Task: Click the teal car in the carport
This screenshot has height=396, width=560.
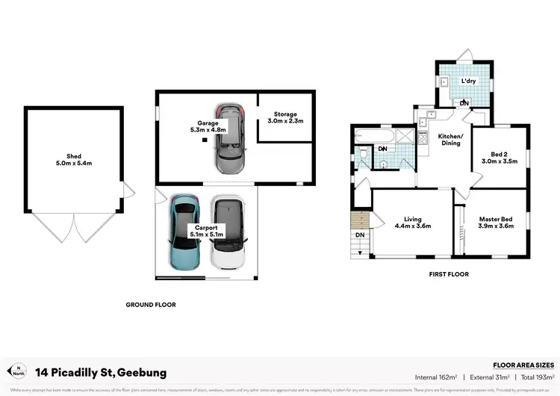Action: (182, 233)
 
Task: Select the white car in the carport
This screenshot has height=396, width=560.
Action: (228, 234)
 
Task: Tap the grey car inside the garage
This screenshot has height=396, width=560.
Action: (228, 137)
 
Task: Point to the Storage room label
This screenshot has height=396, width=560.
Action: (281, 114)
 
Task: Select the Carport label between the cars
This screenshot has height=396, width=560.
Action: (205, 227)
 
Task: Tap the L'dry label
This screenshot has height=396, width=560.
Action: (468, 81)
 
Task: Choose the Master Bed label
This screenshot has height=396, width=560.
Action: (496, 218)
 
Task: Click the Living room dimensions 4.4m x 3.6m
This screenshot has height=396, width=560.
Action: (411, 226)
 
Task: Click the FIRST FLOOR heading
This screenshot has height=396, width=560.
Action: (449, 274)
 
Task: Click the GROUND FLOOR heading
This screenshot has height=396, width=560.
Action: (150, 304)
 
